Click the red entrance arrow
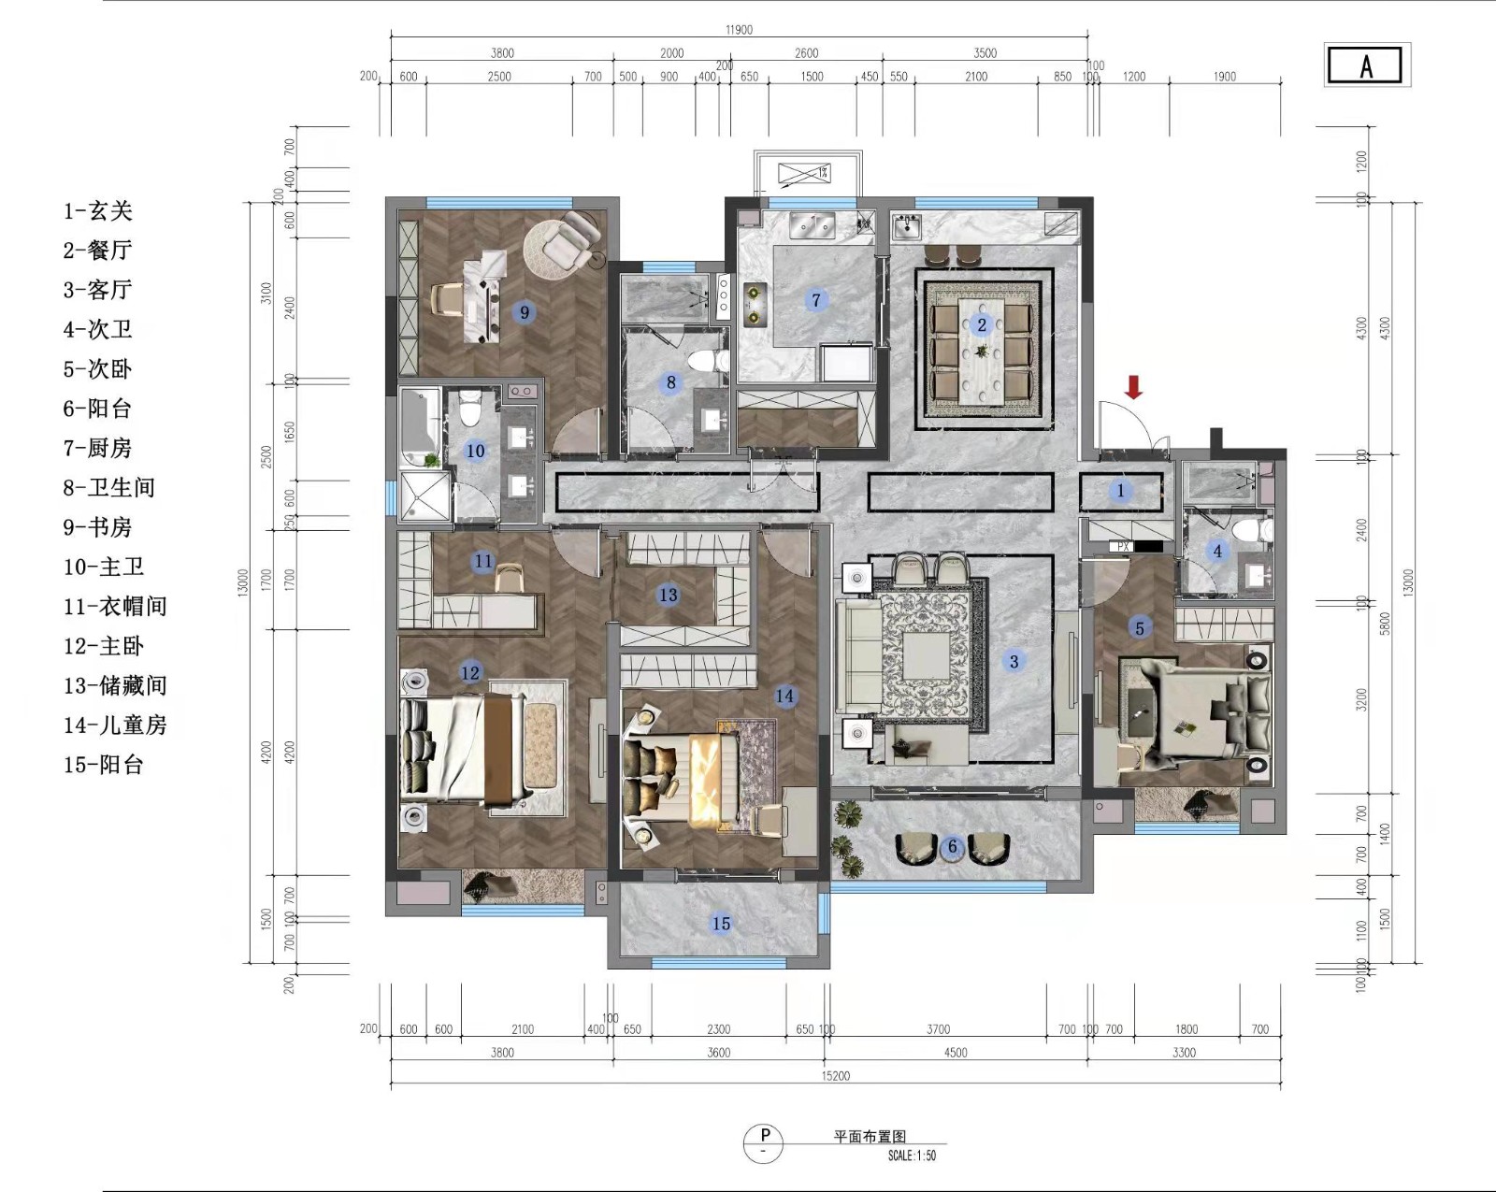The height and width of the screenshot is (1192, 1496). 1134,387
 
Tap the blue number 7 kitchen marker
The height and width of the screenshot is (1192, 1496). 816,300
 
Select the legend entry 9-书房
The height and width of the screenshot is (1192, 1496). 97,527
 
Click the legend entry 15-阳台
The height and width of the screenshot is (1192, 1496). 104,765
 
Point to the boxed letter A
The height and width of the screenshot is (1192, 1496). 1367,66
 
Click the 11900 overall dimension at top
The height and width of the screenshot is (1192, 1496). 739,30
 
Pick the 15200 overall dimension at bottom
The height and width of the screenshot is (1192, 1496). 836,1076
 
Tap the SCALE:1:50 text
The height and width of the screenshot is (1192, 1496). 912,1156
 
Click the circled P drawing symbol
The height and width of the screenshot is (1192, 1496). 763,1142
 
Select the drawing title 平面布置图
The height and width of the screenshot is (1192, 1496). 870,1137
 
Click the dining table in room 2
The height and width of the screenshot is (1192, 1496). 982,351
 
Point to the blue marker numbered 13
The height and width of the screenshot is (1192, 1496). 668,595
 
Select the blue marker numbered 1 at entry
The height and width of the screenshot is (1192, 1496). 1121,491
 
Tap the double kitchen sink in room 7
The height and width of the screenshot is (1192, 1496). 812,225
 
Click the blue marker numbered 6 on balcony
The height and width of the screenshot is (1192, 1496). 953,847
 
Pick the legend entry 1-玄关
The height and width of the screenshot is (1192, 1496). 97,210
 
